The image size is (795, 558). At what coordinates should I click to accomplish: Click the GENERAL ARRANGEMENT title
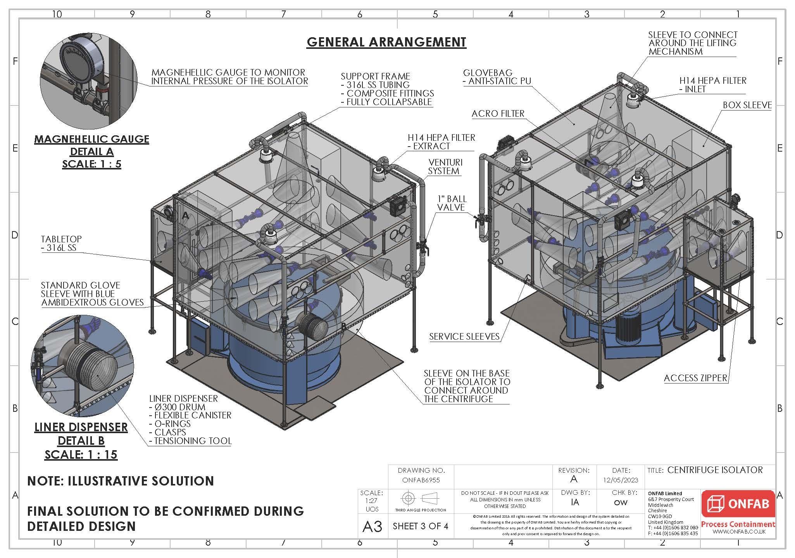click(x=386, y=42)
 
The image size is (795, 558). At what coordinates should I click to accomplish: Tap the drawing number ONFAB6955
click(x=421, y=480)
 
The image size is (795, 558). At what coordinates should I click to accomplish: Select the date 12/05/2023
click(x=621, y=480)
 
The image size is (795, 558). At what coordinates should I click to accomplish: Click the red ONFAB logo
click(x=738, y=504)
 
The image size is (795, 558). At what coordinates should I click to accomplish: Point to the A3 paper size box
click(x=372, y=527)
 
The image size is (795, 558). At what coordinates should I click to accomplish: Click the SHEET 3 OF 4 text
click(x=420, y=526)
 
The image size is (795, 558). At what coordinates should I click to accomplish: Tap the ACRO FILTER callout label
click(x=498, y=114)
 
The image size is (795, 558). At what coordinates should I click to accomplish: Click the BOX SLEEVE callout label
click(x=747, y=105)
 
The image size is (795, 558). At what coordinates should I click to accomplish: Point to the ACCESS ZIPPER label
click(x=695, y=378)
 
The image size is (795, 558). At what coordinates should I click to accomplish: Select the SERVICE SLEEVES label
click(x=464, y=337)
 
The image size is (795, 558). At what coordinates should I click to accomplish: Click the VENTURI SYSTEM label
click(x=445, y=167)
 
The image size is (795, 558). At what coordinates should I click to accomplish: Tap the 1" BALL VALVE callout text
click(x=452, y=203)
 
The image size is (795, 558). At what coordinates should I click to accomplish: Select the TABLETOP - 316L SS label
click(x=61, y=244)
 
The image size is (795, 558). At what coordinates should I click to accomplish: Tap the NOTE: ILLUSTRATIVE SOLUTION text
click(x=121, y=481)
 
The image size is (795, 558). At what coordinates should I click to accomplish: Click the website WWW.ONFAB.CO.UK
click(x=739, y=532)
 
